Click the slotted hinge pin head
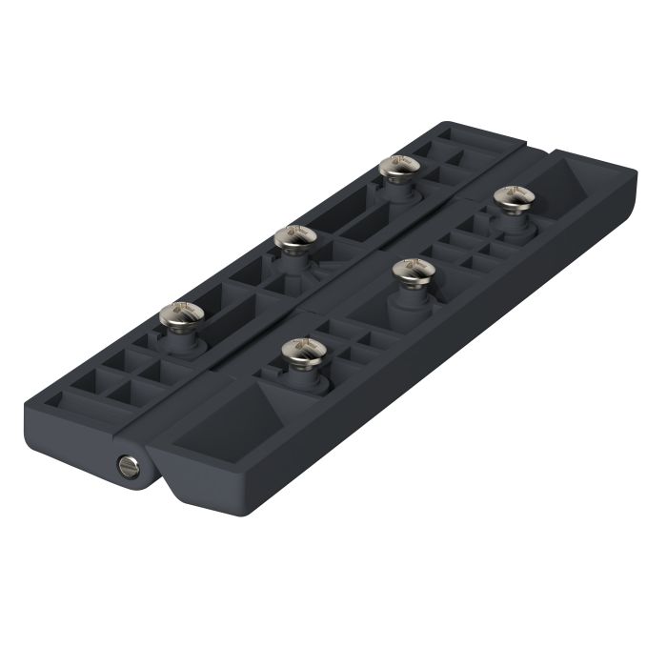[x=127, y=464]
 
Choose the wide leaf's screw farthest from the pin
[x=514, y=196]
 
